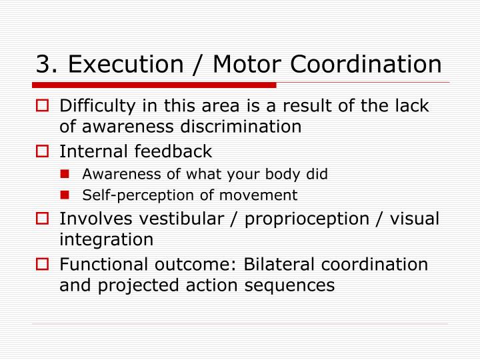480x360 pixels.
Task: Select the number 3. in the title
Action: (x=47, y=64)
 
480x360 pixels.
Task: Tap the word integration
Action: (x=107, y=239)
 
